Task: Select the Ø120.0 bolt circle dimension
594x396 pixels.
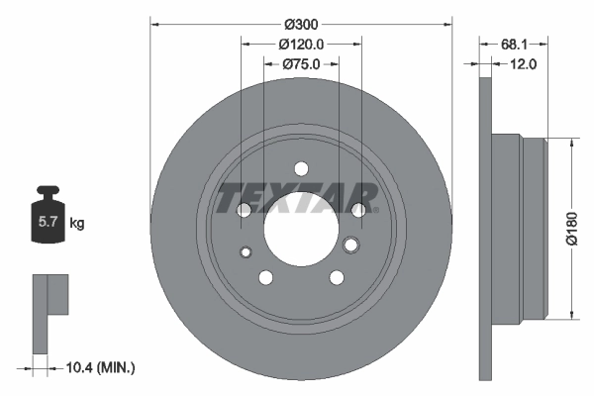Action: tap(301, 45)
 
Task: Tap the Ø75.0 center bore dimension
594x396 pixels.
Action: tap(301, 64)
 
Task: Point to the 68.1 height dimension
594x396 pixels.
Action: tap(513, 45)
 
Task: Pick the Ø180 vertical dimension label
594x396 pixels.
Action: tap(571, 228)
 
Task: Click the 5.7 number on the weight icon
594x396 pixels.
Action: tap(48, 223)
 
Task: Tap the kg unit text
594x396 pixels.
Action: tap(77, 223)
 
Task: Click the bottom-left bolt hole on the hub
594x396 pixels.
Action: tap(265, 277)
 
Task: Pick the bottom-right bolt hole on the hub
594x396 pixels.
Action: tap(337, 277)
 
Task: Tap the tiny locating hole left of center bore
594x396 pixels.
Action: tap(246, 251)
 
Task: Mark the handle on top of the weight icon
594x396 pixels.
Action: tap(48, 191)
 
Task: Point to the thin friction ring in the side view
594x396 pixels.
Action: tap(484, 228)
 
